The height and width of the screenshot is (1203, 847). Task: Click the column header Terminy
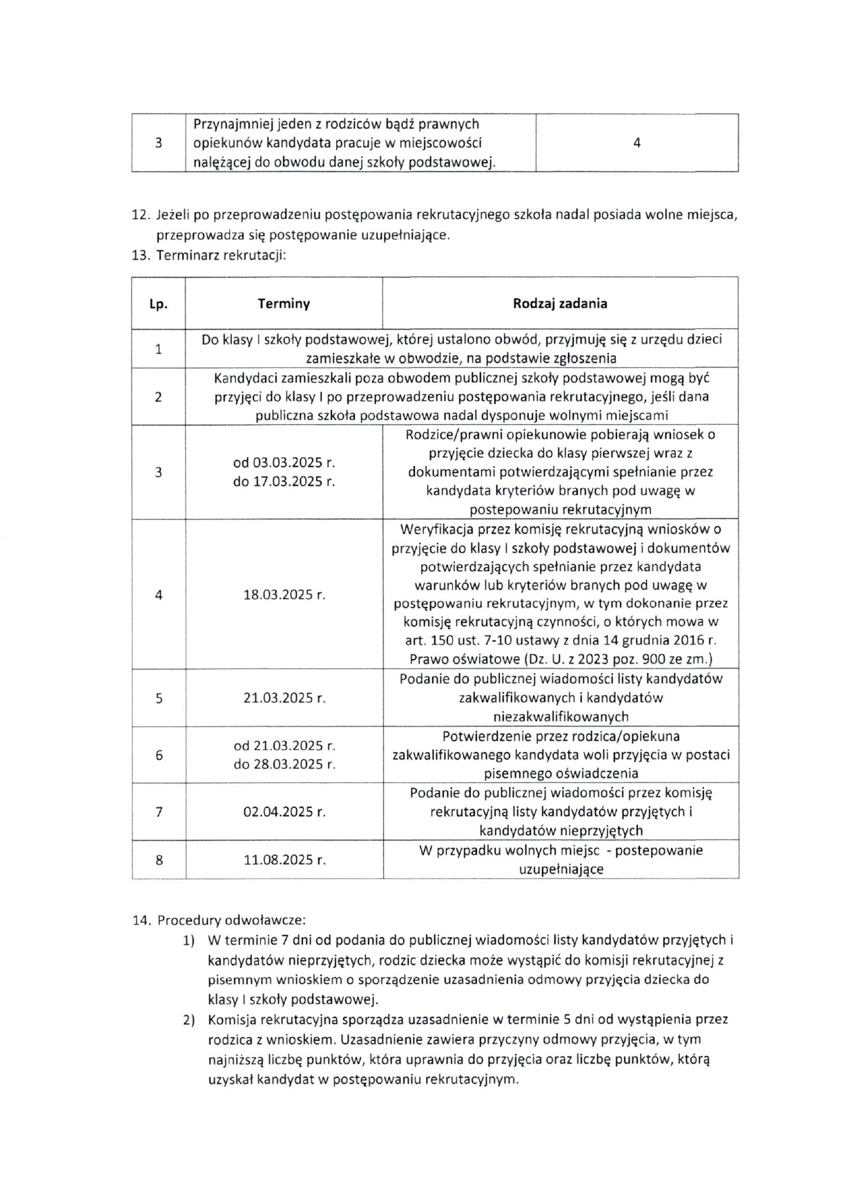[x=284, y=304]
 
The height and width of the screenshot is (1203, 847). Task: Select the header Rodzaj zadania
[x=560, y=304]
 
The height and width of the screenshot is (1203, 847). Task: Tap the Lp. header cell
[x=158, y=305]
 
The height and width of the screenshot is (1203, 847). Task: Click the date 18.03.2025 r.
[x=284, y=595]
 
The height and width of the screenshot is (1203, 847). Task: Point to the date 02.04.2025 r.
[x=284, y=812]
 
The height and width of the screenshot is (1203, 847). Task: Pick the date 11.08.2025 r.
[x=284, y=860]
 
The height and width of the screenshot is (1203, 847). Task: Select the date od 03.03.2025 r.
[x=284, y=463]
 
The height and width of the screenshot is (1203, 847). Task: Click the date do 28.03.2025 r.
[x=284, y=764]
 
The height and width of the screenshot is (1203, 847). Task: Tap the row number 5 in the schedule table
[x=159, y=698]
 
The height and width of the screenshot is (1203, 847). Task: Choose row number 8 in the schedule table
[x=159, y=860]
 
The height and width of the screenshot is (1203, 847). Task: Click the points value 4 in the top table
[x=636, y=143]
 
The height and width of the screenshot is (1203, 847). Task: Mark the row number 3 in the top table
[x=159, y=144]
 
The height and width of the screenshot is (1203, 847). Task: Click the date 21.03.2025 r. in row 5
[x=284, y=698]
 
